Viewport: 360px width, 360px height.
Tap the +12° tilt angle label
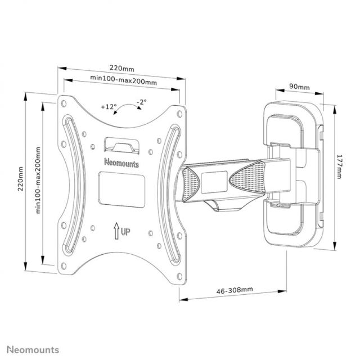pyautogui.click(x=109, y=106)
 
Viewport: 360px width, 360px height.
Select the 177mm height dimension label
pyautogui.click(x=339, y=166)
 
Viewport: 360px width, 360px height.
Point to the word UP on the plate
pyautogui.click(x=127, y=231)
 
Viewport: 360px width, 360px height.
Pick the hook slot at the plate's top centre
pyautogui.click(x=122, y=145)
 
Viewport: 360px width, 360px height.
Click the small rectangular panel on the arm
pyautogui.click(x=213, y=179)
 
